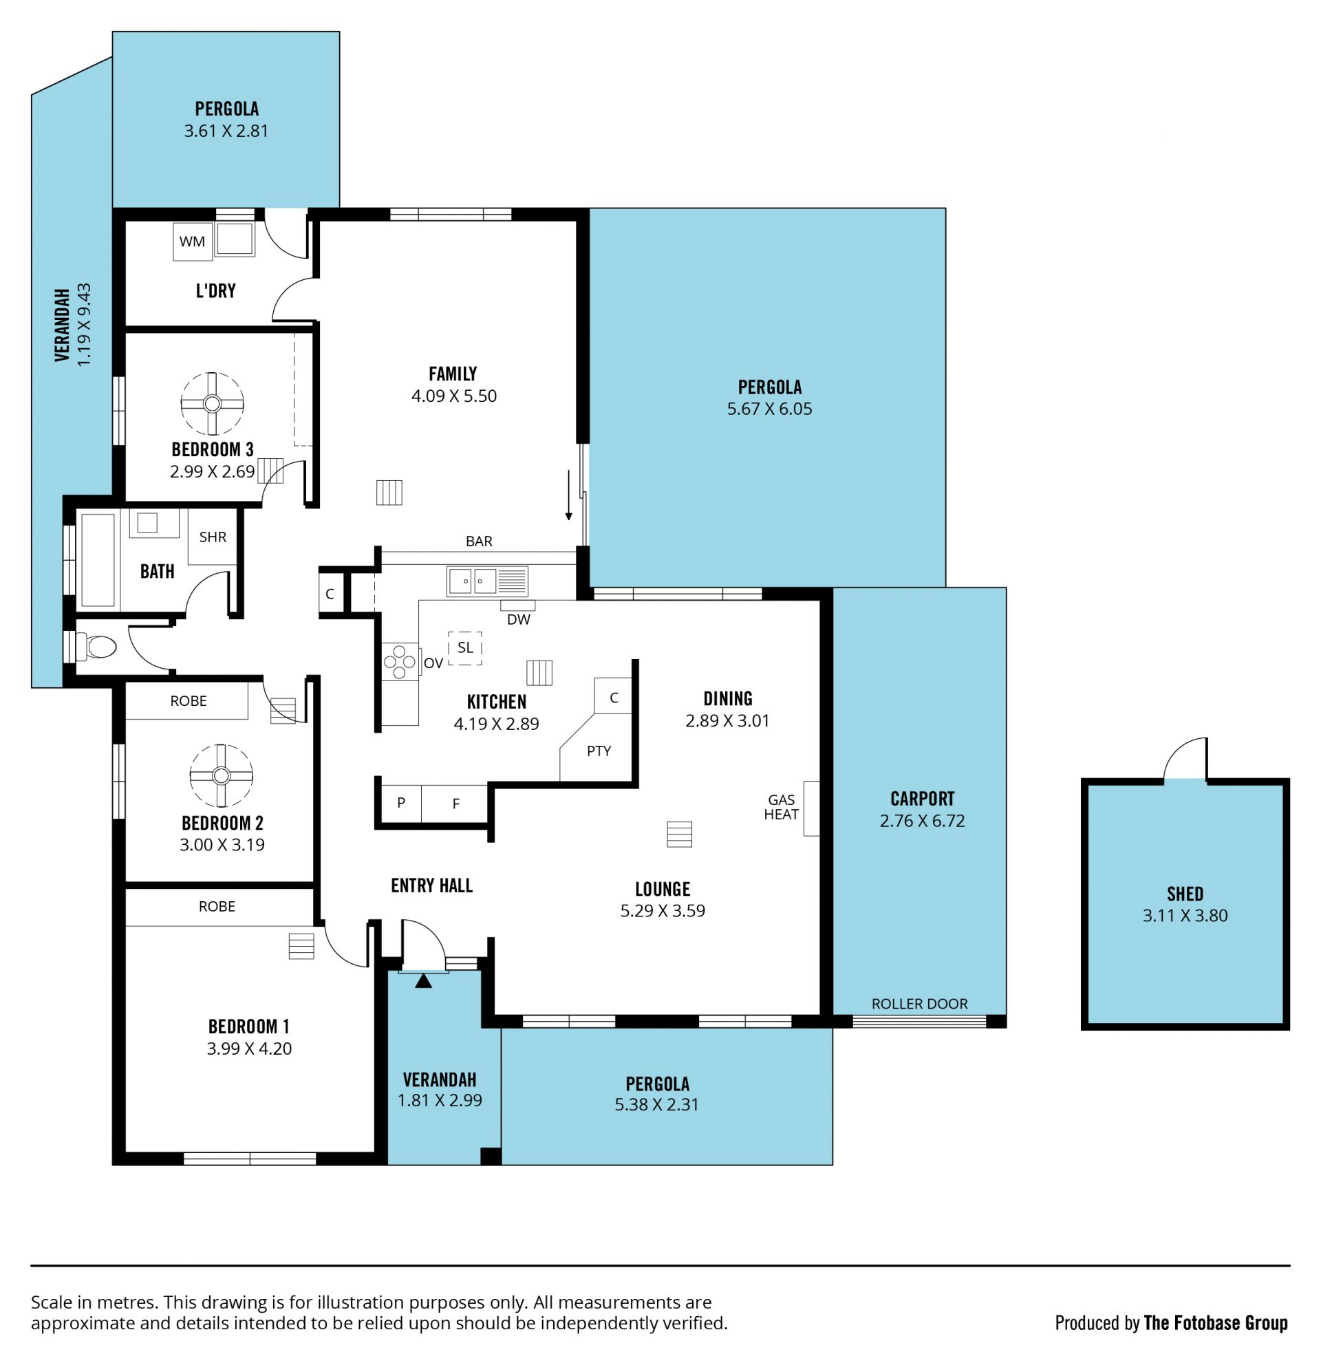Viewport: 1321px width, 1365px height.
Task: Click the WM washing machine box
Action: pos(192,241)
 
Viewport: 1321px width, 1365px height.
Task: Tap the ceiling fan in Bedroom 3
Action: pos(213,403)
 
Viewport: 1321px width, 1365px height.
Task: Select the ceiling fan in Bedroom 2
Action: pos(221,775)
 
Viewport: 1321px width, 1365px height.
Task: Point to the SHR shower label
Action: pos(213,537)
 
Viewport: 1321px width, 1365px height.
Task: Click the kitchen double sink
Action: pos(487,581)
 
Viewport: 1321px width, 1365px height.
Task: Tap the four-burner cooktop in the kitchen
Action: pos(400,663)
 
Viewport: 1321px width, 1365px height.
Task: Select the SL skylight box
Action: pos(465,647)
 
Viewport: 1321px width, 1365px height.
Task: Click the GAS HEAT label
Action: pos(782,807)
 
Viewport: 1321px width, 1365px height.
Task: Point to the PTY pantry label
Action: pos(599,751)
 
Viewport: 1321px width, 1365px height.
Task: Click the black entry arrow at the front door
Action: pos(423,980)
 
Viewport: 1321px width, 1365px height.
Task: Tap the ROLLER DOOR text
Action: pos(919,1004)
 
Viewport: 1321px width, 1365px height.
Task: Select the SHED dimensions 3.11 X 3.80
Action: pos(1185,915)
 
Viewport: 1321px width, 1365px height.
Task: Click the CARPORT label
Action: pos(922,799)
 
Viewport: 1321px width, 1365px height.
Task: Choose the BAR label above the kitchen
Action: pos(479,541)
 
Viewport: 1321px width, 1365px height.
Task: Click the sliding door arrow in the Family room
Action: pos(568,495)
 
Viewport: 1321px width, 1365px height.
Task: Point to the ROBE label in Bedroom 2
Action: pos(189,700)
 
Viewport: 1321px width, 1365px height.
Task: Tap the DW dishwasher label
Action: pos(519,619)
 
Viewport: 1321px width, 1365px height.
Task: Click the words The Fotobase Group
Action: pos(1216,1322)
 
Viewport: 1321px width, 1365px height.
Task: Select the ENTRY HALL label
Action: pos(432,885)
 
